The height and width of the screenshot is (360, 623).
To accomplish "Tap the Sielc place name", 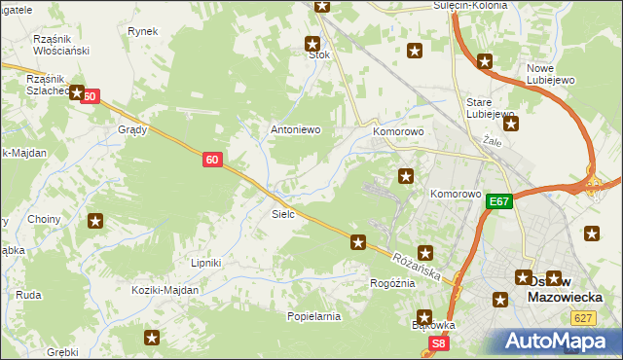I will click(x=283, y=213).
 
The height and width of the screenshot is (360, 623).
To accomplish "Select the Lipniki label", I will click(x=206, y=263).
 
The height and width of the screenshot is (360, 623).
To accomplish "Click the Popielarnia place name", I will click(x=313, y=316).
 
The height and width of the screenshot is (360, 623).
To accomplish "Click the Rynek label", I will click(x=142, y=31).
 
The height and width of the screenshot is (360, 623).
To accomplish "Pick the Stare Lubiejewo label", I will click(x=490, y=107).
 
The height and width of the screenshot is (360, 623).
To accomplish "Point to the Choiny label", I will click(x=45, y=220).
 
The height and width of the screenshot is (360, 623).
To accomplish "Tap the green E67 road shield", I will click(x=499, y=201).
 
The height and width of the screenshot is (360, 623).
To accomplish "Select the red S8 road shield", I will click(x=440, y=343).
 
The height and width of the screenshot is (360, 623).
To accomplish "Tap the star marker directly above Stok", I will click(x=312, y=43).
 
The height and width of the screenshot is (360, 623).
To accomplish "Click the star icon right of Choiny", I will click(x=95, y=221).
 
